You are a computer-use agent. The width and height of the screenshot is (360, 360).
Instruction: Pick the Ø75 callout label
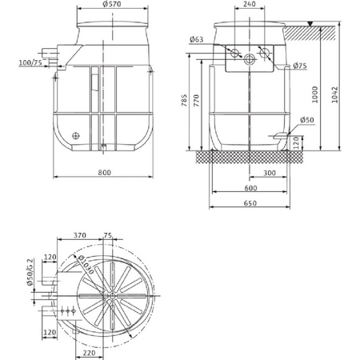point(301,66)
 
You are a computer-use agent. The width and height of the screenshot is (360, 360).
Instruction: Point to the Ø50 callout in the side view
point(307,121)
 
